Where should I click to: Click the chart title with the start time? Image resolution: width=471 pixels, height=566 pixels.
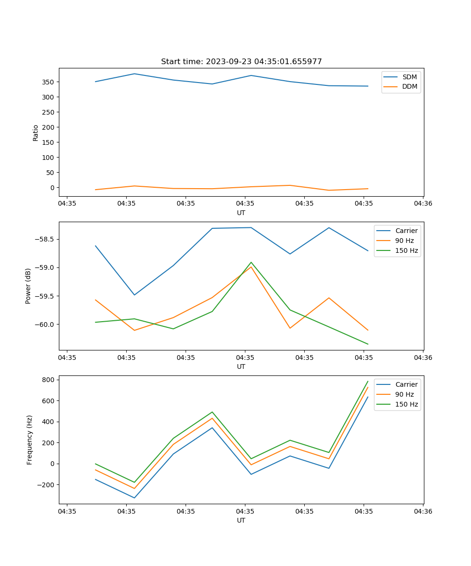tap(241, 62)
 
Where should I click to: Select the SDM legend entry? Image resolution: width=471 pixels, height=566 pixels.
tap(409, 77)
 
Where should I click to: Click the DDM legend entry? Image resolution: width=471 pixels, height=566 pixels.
tap(409, 86)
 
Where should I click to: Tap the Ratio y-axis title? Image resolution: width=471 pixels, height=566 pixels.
tap(36, 133)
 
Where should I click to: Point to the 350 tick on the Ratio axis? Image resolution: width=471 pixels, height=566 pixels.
tap(48, 82)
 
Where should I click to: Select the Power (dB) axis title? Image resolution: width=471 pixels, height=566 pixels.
tap(28, 286)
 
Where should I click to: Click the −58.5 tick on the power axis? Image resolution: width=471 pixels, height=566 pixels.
tap(45, 239)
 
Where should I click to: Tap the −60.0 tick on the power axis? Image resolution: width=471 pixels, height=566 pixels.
tap(45, 325)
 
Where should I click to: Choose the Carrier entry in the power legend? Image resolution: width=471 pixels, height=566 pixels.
tap(406, 231)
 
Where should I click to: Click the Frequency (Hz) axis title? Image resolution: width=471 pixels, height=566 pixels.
tap(30, 440)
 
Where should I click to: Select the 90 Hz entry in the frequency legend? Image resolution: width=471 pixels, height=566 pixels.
tap(404, 394)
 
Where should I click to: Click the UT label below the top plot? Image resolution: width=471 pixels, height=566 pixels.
tap(241, 213)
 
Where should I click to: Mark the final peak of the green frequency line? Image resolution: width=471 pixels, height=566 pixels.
tap(368, 381)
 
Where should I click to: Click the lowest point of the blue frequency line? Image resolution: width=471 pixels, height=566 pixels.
tap(134, 498)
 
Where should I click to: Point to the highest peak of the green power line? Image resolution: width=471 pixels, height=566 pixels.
tap(251, 262)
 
